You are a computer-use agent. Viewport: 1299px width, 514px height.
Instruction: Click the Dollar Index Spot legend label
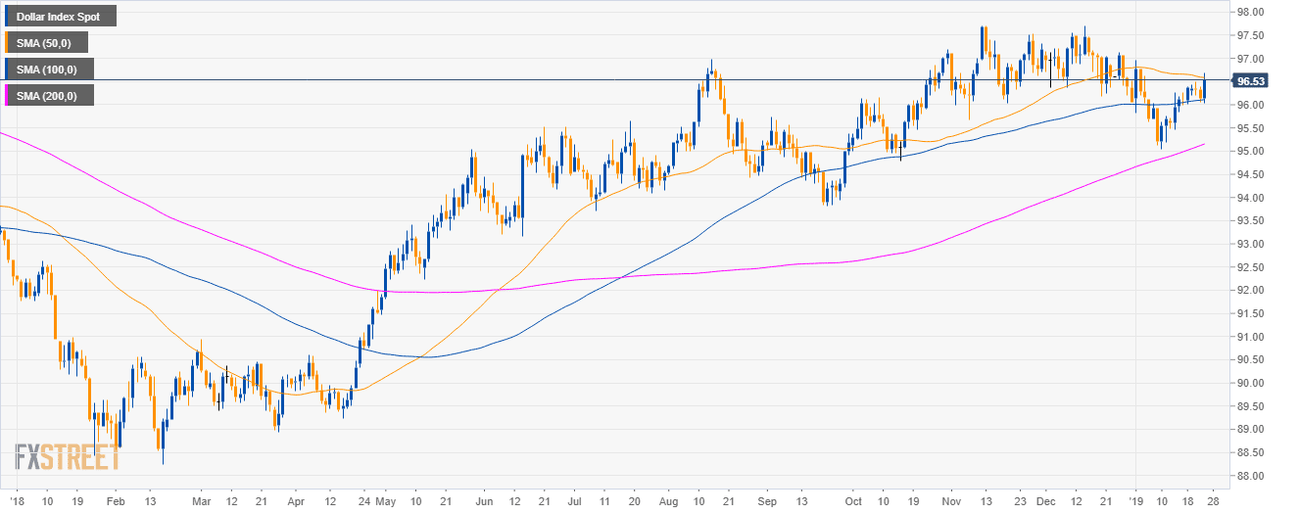tap(59, 17)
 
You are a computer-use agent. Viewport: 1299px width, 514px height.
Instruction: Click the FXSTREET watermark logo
tap(68, 457)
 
